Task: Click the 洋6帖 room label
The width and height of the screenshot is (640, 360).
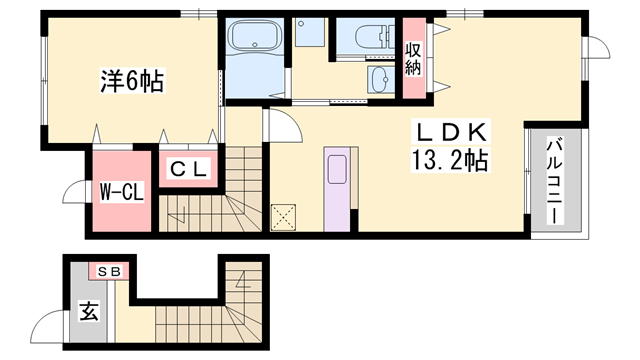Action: (x=132, y=82)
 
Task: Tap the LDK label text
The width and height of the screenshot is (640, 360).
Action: (x=451, y=132)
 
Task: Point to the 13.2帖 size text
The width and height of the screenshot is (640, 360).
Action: (x=450, y=160)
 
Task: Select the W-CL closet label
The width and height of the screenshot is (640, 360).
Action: (x=122, y=192)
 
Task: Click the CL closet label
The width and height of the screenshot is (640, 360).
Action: (x=188, y=169)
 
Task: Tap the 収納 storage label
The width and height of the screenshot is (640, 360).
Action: (x=413, y=59)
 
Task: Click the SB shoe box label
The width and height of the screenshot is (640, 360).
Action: (x=109, y=271)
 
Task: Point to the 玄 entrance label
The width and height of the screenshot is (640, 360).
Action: (x=89, y=311)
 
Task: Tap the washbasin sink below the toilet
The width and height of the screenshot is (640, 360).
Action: (x=381, y=79)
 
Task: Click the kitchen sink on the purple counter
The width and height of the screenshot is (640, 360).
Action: (x=337, y=169)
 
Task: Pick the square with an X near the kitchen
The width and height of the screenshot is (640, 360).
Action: (x=283, y=218)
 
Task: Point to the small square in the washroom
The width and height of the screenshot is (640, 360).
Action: (x=310, y=32)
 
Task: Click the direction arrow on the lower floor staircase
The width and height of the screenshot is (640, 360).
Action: (x=244, y=280)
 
